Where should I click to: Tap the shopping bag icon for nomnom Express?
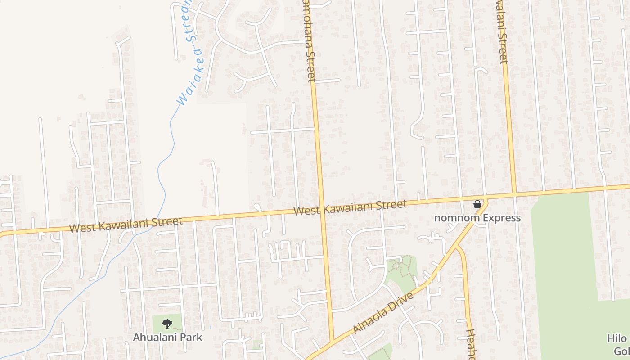(x=477, y=204)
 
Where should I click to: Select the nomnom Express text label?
(x=477, y=218)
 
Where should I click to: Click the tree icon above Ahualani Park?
(x=167, y=324)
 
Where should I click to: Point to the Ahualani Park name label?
(x=167, y=337)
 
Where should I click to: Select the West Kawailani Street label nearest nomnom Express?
(x=350, y=208)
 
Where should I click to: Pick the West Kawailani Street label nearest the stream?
(x=126, y=224)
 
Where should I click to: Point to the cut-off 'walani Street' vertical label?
(x=501, y=31)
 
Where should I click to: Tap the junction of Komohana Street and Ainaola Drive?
(x=332, y=341)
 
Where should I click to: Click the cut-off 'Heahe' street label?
(x=471, y=344)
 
